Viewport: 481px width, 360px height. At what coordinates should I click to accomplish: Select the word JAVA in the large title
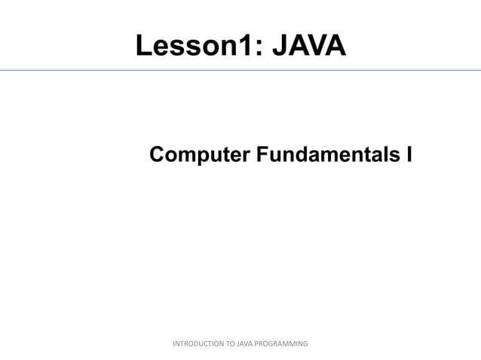(308, 47)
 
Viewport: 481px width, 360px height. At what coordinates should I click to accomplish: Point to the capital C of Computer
(158, 154)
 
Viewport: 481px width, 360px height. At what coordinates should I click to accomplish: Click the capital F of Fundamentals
(261, 154)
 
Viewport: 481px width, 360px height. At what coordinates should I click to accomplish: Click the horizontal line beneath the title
(240, 70)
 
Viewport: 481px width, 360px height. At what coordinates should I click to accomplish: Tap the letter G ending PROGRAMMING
(305, 343)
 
